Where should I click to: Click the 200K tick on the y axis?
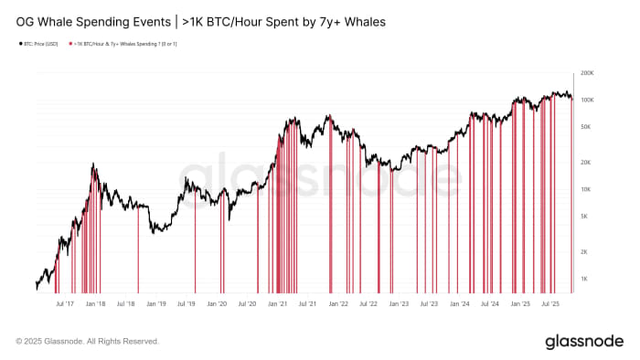point(588,72)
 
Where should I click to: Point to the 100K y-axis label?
point(588,100)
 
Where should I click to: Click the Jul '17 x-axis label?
point(65,303)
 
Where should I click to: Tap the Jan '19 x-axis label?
point(156,303)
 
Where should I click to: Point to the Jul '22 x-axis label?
point(368,303)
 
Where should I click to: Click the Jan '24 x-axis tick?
point(459,303)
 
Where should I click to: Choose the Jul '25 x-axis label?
point(550,303)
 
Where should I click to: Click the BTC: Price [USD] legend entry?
point(39,44)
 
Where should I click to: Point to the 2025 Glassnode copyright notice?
point(87,341)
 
